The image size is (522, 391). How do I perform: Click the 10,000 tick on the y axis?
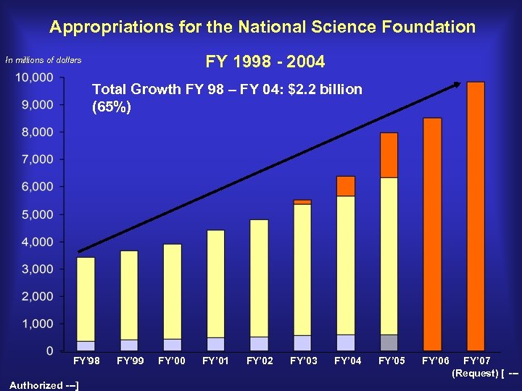click(x=35, y=77)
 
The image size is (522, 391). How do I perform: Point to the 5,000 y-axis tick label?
click(x=37, y=214)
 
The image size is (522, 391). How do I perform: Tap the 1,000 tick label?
click(x=37, y=324)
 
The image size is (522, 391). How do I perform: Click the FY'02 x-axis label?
click(x=260, y=361)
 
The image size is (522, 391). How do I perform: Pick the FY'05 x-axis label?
click(x=391, y=361)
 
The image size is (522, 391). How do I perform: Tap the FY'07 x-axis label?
click(x=476, y=361)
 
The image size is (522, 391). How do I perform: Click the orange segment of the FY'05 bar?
click(x=389, y=155)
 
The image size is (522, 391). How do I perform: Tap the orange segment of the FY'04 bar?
click(x=346, y=186)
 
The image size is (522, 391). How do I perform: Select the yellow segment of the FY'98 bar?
click(x=86, y=299)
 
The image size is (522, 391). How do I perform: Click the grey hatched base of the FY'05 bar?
click(x=389, y=342)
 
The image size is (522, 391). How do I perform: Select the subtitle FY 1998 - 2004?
click(x=265, y=62)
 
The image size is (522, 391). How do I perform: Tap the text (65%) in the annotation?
click(x=112, y=108)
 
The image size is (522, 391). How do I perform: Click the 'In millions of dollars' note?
click(x=43, y=60)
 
